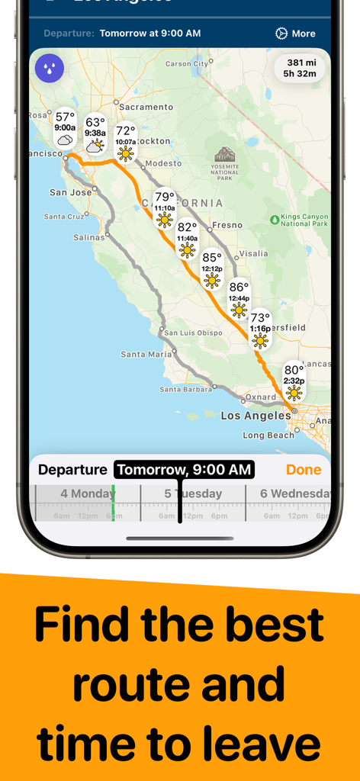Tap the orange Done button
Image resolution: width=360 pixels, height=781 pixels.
304,470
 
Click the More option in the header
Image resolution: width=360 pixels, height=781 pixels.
295,34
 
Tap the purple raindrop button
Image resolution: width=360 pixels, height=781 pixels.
50,69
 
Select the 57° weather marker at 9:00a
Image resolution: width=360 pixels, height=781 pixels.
65,128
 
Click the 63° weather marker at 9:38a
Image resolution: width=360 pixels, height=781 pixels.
95,133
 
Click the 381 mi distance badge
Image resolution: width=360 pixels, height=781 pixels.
301,68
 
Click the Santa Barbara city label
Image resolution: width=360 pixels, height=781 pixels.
185,390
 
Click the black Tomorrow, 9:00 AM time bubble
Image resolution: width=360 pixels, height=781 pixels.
184,470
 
